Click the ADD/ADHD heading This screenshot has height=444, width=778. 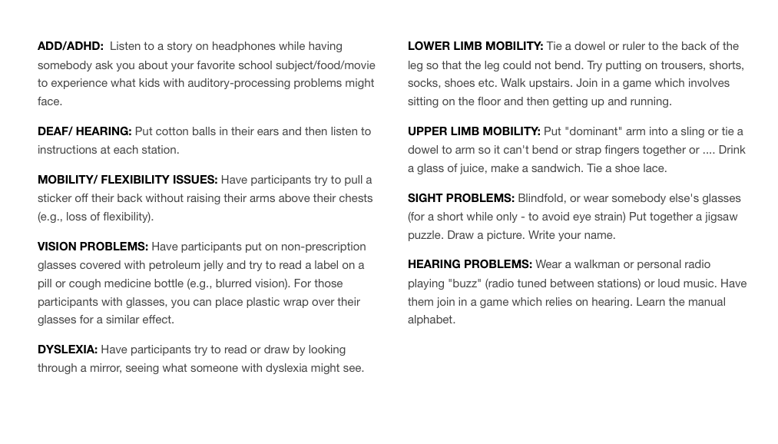coord(71,46)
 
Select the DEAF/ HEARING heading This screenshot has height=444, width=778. coord(84,131)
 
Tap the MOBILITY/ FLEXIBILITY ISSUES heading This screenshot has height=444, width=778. coord(127,180)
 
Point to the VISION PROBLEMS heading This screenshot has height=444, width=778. coord(93,247)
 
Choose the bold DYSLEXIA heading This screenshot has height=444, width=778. coord(68,350)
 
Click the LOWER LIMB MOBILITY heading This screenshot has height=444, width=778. coord(475,46)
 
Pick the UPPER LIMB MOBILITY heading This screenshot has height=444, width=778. coord(474,131)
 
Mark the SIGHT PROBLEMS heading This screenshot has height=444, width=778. coord(461,198)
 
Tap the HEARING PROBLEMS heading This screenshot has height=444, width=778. coord(470,264)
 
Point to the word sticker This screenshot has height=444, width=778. coord(57,198)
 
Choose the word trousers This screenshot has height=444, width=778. coord(673,65)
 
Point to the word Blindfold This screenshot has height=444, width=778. coord(544,198)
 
